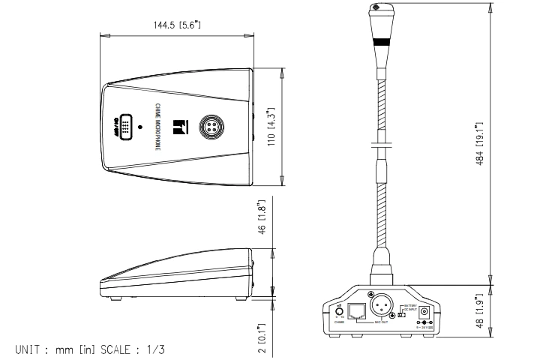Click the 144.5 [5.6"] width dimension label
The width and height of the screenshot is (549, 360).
(x=178, y=25)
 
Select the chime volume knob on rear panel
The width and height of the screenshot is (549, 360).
(x=339, y=311)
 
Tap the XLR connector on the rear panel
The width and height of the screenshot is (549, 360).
(x=381, y=304)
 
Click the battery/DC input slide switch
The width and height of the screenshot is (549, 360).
(x=401, y=314)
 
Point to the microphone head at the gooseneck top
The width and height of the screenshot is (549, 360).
(x=379, y=13)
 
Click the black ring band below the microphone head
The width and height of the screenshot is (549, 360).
(x=380, y=42)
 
